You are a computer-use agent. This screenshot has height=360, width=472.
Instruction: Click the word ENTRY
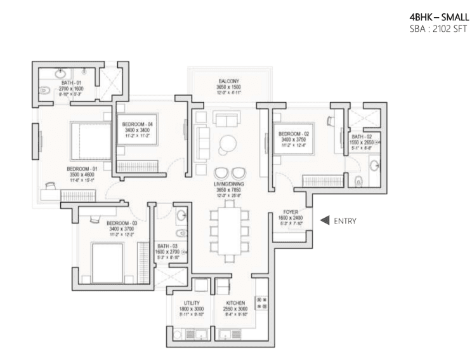pos(345,221)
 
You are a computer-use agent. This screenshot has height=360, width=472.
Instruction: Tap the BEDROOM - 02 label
pos(294,134)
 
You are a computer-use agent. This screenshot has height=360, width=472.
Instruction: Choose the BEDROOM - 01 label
pos(82,170)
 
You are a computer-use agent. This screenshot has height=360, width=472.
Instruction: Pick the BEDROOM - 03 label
pos(122,223)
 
